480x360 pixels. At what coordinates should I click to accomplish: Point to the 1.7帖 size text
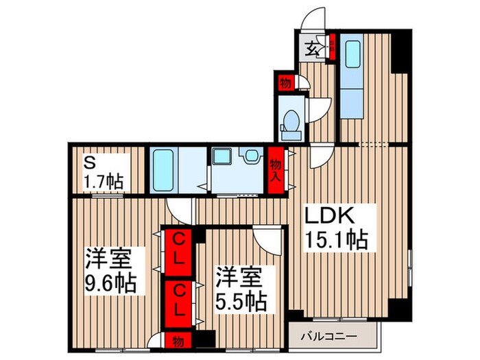(103, 182)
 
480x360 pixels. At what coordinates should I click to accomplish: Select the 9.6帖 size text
(110, 282)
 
